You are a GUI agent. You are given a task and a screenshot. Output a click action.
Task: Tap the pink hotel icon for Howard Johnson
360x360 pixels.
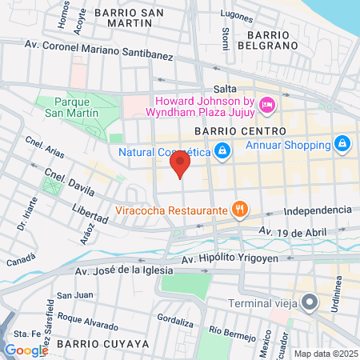[268, 103]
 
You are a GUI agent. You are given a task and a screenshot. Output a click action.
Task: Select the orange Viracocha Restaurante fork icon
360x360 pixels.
[238, 210]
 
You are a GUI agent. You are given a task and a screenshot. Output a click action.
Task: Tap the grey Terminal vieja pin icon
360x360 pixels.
[310, 302]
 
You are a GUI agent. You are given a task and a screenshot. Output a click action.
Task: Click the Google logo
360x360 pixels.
[26, 350]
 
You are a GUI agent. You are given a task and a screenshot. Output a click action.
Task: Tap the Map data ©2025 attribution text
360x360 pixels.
[326, 354]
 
